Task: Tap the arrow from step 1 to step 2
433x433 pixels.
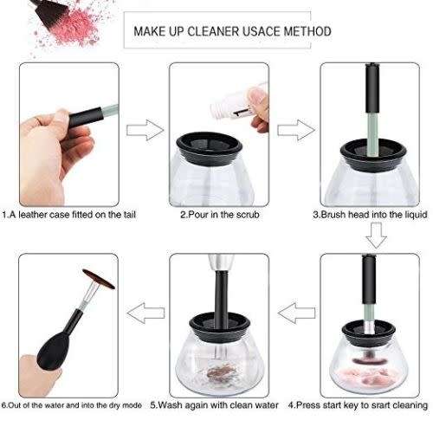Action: point(145,131)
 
